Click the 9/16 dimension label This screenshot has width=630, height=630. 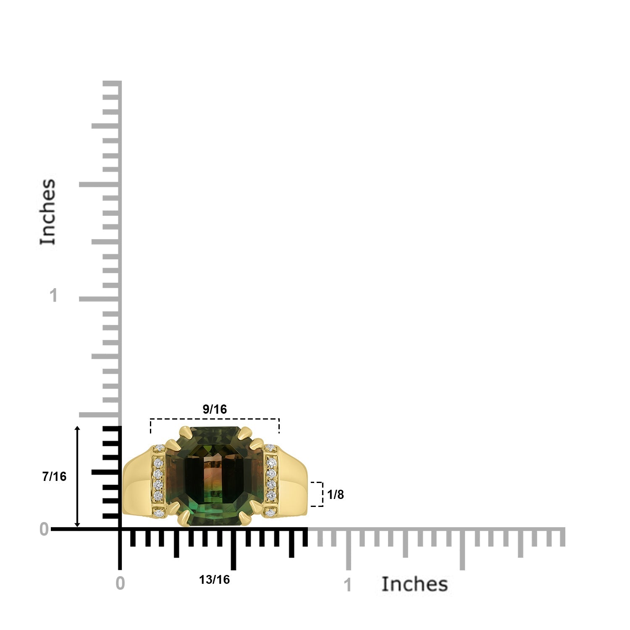pyautogui.click(x=215, y=409)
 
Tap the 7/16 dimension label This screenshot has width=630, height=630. pyautogui.click(x=54, y=476)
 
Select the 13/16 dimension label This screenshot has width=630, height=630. pyautogui.click(x=215, y=580)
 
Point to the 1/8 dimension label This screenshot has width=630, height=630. pyautogui.click(x=336, y=495)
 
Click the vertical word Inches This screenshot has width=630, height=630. pyautogui.click(x=48, y=212)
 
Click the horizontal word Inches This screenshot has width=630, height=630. pyautogui.click(x=415, y=584)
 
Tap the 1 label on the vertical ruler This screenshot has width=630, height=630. pyautogui.click(x=53, y=296)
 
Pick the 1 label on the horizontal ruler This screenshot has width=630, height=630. pyautogui.click(x=348, y=585)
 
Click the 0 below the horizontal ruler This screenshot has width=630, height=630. pyautogui.click(x=120, y=583)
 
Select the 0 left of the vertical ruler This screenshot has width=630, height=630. pyautogui.click(x=44, y=530)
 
